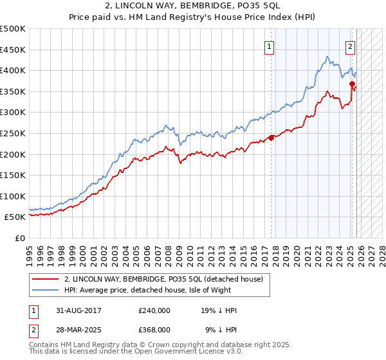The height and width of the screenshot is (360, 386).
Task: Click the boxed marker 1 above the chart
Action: click(x=269, y=46)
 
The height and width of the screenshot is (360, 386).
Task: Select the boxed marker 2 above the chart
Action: click(x=350, y=46)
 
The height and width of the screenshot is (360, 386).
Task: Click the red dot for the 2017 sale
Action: click(x=271, y=138)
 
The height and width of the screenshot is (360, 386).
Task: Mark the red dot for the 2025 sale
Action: click(x=352, y=84)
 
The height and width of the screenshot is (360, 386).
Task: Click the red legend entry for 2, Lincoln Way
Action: click(x=163, y=280)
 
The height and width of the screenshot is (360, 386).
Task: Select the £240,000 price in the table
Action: click(x=154, y=310)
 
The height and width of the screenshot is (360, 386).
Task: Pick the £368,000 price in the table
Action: click(x=154, y=329)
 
